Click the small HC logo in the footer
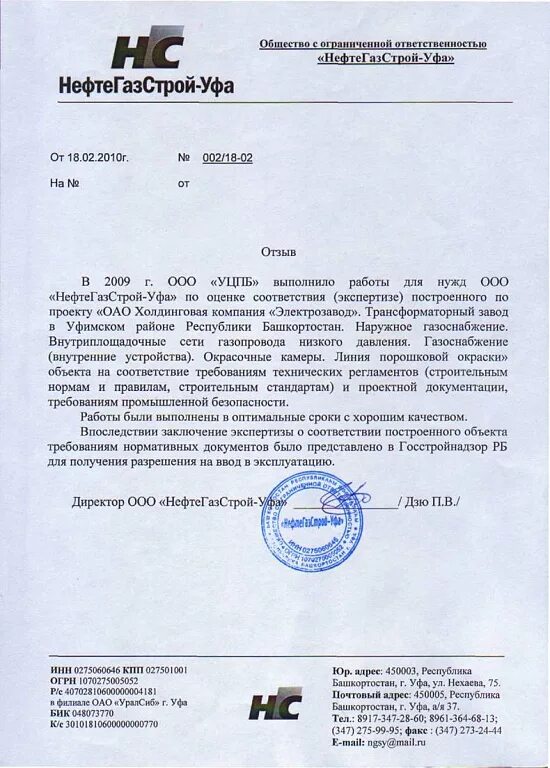[275, 705]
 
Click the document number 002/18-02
[227, 158]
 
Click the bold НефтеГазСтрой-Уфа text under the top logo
[146, 86]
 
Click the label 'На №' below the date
[64, 184]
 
